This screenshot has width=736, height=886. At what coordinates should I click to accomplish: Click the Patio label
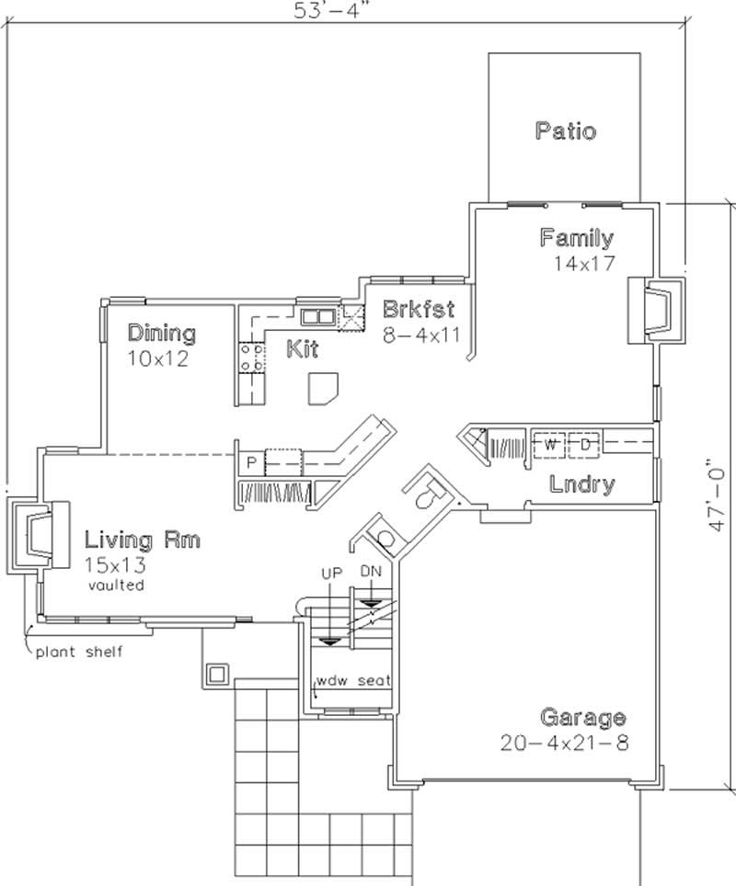pyautogui.click(x=565, y=131)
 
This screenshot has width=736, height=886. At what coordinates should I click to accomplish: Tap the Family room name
pyautogui.click(x=577, y=239)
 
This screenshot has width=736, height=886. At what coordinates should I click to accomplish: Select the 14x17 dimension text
pyautogui.click(x=582, y=262)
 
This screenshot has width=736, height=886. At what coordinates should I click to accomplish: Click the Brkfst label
pyautogui.click(x=419, y=309)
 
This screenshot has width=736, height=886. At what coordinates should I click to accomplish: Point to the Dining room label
pyautogui.click(x=161, y=333)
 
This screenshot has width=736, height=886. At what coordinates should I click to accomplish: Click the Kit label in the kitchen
pyautogui.click(x=302, y=349)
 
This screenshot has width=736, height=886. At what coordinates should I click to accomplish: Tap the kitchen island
pyautogui.click(x=324, y=388)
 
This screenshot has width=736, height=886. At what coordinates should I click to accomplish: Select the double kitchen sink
pyautogui.click(x=318, y=317)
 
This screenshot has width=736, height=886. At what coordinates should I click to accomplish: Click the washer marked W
pyautogui.click(x=550, y=446)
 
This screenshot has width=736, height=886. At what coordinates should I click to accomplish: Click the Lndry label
pyautogui.click(x=582, y=484)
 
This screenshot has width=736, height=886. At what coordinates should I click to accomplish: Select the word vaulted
pyautogui.click(x=116, y=585)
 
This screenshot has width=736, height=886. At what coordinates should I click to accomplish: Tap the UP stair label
pyautogui.click(x=331, y=573)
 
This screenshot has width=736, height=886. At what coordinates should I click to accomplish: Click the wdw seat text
pyautogui.click(x=354, y=681)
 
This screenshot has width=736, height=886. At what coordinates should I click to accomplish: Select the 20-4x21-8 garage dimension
pyautogui.click(x=565, y=743)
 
